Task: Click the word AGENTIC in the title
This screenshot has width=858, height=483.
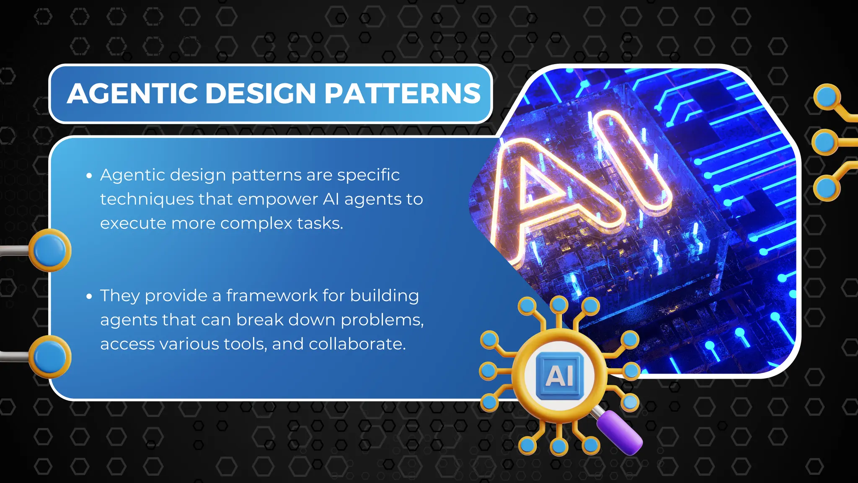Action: pyautogui.click(x=132, y=93)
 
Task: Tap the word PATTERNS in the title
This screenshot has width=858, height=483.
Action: pyautogui.click(x=402, y=93)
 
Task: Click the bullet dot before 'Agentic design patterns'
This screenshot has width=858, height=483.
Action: pyautogui.click(x=89, y=176)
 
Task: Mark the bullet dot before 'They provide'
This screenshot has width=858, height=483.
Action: pyautogui.click(x=89, y=296)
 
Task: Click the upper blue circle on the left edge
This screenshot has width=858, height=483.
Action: pyautogui.click(x=50, y=250)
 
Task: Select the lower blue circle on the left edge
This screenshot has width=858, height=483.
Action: pyautogui.click(x=50, y=357)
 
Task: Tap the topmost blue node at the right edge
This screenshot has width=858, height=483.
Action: pyautogui.click(x=827, y=97)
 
